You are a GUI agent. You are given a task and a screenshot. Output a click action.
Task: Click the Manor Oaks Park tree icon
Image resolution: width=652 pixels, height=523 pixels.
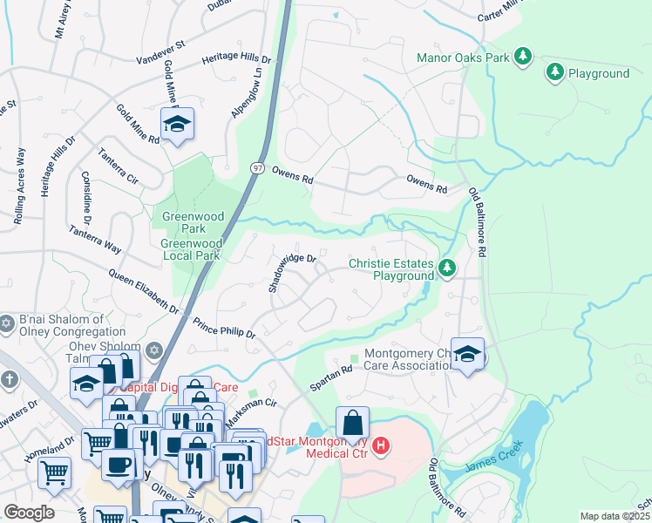tap(523, 58)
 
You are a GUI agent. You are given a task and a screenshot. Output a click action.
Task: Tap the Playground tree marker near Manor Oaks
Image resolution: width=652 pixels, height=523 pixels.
tap(554, 72)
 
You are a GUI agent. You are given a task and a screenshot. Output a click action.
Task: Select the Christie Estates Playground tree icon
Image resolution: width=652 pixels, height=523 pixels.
tap(447, 267)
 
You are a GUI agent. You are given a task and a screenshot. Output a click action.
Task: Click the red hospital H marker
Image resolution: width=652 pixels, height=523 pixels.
tap(381, 446)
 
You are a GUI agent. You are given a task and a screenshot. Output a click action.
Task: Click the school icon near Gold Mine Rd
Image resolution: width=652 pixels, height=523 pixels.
tap(177, 125)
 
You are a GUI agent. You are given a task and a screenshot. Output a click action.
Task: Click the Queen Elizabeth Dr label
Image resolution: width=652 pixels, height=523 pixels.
tap(145, 291)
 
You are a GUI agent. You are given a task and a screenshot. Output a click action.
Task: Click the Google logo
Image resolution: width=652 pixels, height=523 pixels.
tap(29, 513)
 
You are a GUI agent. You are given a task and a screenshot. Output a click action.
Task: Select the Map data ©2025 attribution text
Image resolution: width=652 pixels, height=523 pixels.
tap(615, 516)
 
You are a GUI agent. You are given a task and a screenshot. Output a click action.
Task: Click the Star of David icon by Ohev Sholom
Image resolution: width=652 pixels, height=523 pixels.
tap(154, 350)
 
